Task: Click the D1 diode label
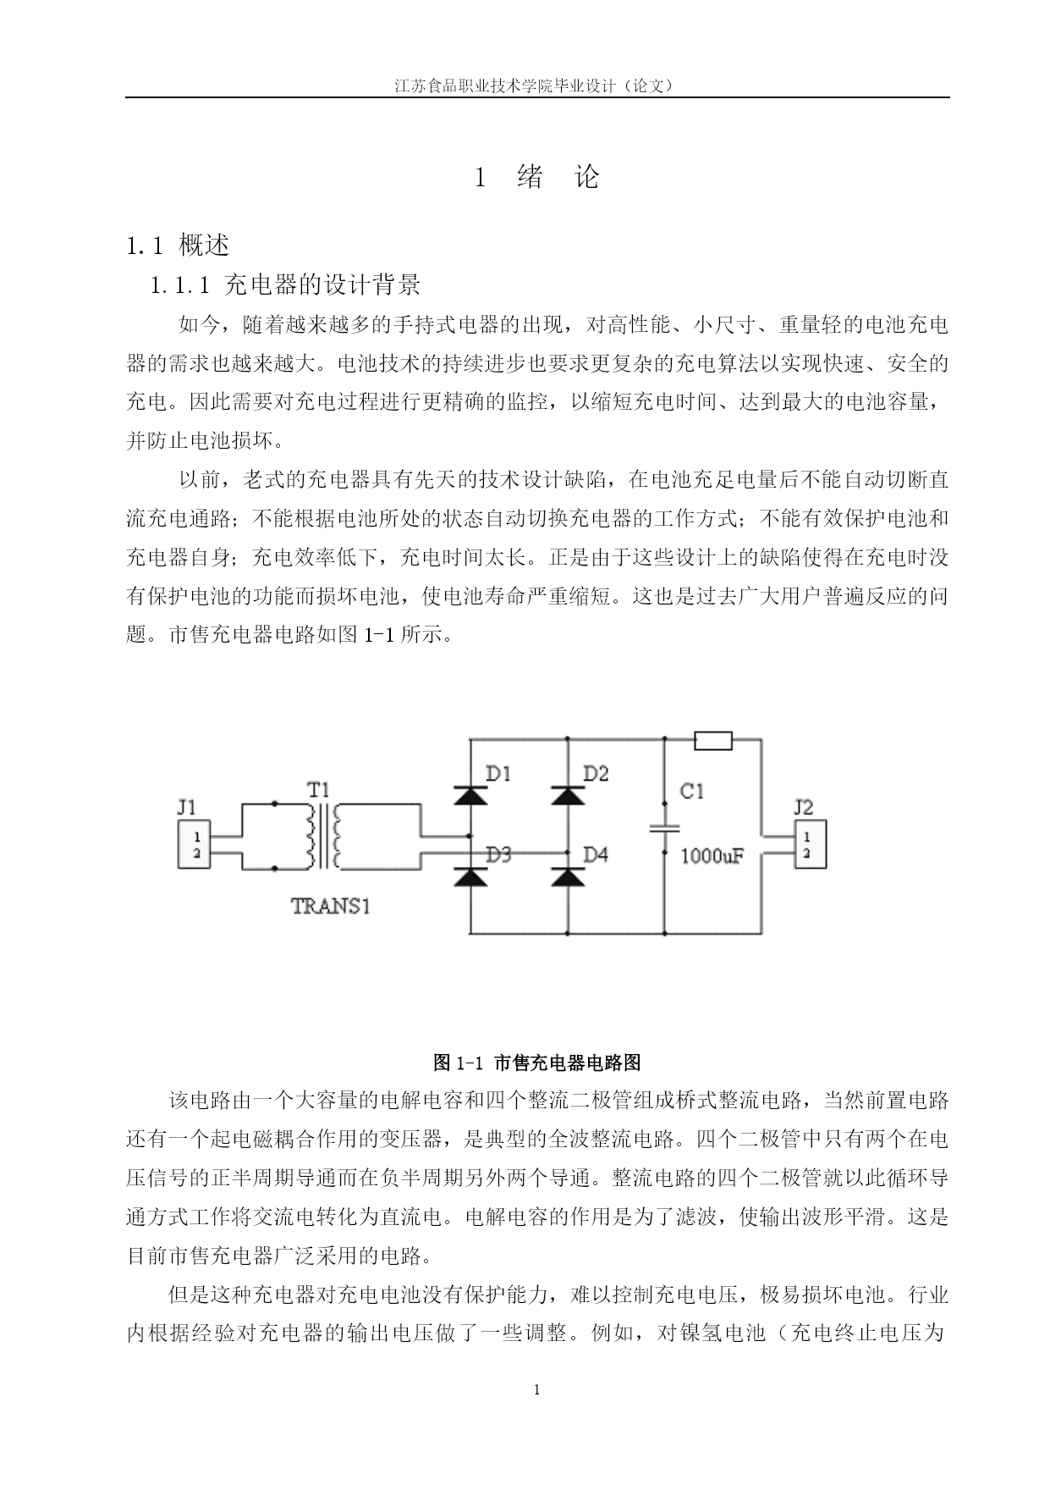coord(498,773)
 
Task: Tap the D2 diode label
coord(596,773)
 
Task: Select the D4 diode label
coord(596,854)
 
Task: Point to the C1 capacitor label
coord(691,792)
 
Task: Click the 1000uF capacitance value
coord(712,856)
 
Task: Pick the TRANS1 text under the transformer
coord(331,905)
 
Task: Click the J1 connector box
coord(194,844)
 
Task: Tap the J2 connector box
coord(810,844)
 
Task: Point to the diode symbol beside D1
coord(470,795)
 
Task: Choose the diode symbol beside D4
coord(567,877)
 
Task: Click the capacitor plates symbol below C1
coord(664,830)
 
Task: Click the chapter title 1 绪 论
coord(537,177)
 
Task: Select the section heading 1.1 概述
coord(178,246)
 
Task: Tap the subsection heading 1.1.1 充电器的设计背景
coord(285,284)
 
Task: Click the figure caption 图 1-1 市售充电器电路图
coord(536,1062)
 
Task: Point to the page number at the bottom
coord(536,1389)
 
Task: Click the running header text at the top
coord(536,86)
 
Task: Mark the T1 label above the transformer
coord(318,790)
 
